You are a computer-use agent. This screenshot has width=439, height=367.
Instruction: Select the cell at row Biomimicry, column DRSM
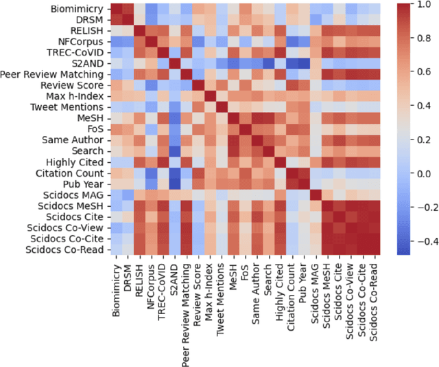(131, 9)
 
